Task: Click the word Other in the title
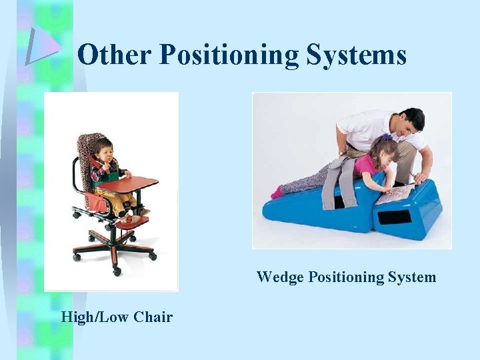115,55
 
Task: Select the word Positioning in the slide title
230,55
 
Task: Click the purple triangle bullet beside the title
42,47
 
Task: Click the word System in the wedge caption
412,277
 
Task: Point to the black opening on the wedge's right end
394,217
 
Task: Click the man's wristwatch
342,153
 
